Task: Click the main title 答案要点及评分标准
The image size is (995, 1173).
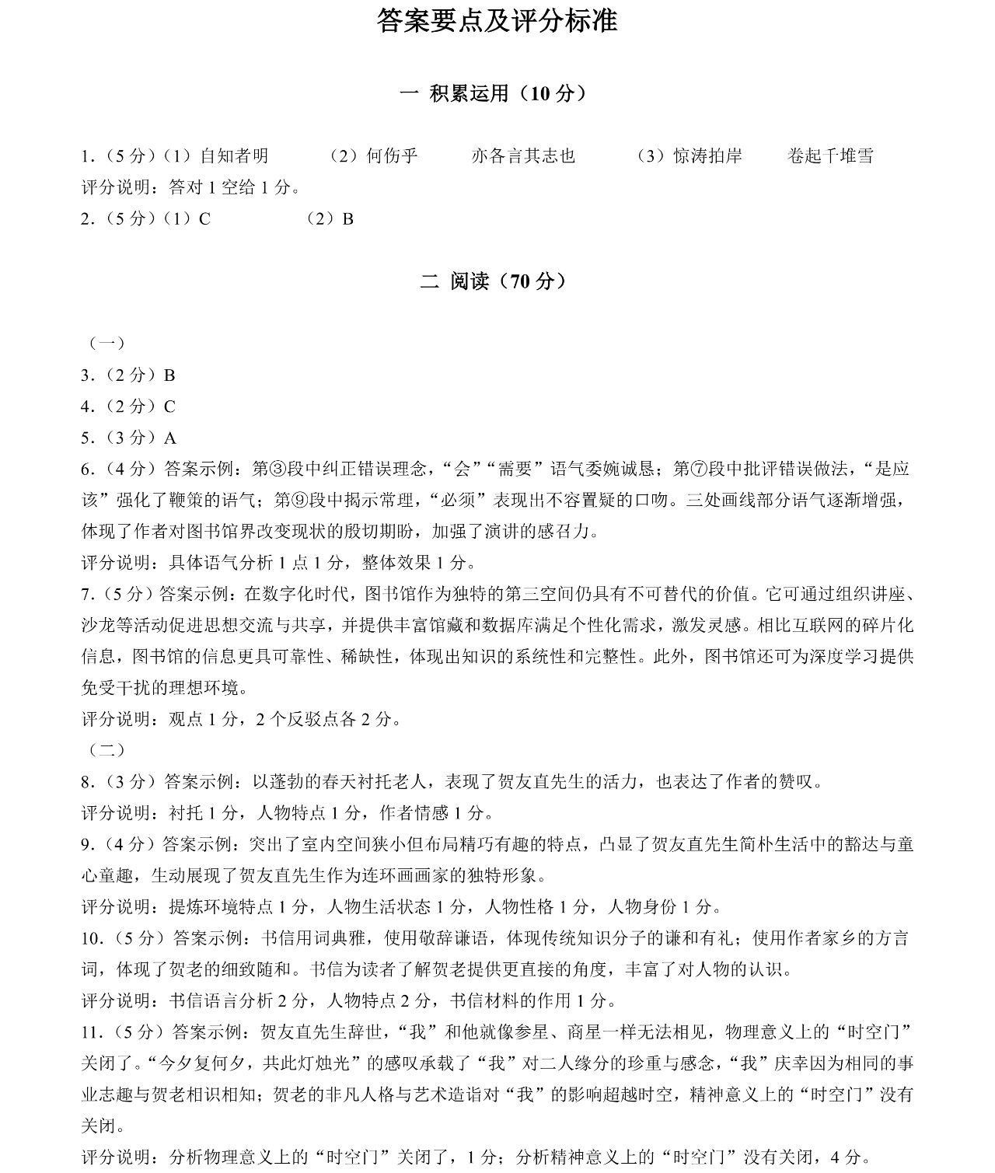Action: (497, 21)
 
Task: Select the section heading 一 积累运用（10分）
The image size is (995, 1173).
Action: (494, 93)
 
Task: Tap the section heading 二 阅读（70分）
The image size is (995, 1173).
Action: (494, 281)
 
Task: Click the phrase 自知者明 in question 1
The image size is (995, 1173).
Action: (234, 156)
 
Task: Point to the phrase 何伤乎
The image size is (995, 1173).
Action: (392, 156)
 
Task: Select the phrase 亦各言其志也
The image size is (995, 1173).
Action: (523, 156)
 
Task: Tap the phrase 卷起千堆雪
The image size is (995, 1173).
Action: (830, 156)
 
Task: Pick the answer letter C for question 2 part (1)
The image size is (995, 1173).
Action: (204, 219)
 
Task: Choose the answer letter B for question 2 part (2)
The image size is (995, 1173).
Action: (347, 219)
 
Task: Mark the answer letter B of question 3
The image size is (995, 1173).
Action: (169, 375)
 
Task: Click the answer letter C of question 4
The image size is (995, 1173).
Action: (169, 407)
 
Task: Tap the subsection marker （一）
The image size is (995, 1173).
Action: (107, 343)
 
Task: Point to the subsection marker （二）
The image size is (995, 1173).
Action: (107, 750)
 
